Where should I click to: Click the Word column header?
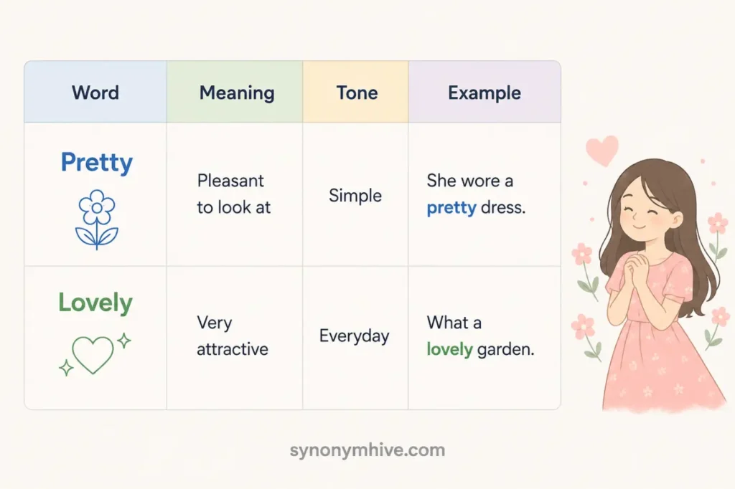(x=95, y=92)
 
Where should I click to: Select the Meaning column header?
(x=237, y=92)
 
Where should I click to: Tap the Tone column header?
(x=357, y=92)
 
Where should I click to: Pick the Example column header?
(x=484, y=92)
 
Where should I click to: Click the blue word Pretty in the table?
(x=97, y=163)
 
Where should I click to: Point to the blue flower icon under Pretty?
(x=97, y=219)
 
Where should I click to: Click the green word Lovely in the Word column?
(x=95, y=303)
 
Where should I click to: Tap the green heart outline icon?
(x=93, y=355)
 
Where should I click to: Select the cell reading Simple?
(x=355, y=196)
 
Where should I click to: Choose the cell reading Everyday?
(x=354, y=336)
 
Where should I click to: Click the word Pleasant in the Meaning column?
(x=230, y=181)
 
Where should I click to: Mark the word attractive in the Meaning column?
(x=233, y=349)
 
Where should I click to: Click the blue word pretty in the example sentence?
(x=451, y=208)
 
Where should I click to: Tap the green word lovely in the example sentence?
(x=449, y=349)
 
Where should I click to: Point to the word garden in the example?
(x=506, y=350)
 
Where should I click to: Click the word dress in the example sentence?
(x=503, y=207)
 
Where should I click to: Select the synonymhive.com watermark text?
(x=367, y=450)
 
